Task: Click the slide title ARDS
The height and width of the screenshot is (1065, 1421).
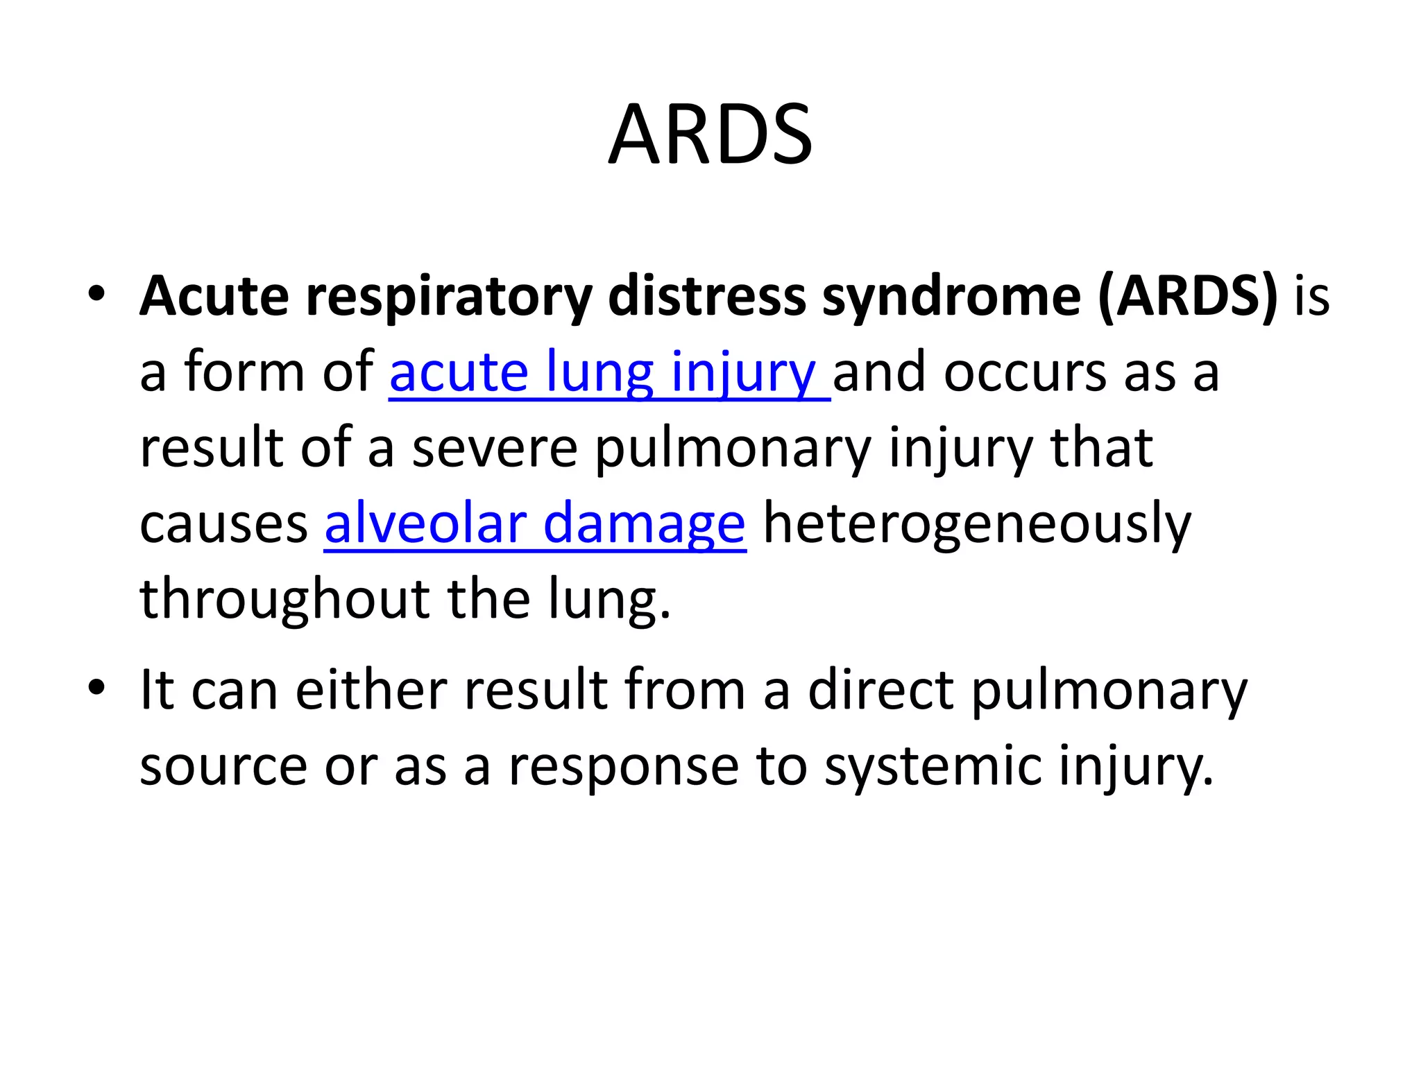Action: (x=710, y=135)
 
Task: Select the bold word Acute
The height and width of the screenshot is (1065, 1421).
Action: (x=214, y=297)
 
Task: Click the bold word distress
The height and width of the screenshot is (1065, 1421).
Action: (x=706, y=297)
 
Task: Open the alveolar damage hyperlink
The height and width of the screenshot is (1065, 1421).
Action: (x=535, y=525)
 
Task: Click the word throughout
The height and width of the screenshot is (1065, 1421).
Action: (x=285, y=600)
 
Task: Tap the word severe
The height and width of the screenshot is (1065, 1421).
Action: (x=495, y=449)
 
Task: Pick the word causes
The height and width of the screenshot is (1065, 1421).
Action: (x=223, y=525)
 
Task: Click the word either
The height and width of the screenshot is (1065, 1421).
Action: (x=371, y=691)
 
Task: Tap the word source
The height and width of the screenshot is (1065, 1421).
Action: (x=223, y=767)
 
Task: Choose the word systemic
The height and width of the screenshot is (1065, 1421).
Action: (x=933, y=768)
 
